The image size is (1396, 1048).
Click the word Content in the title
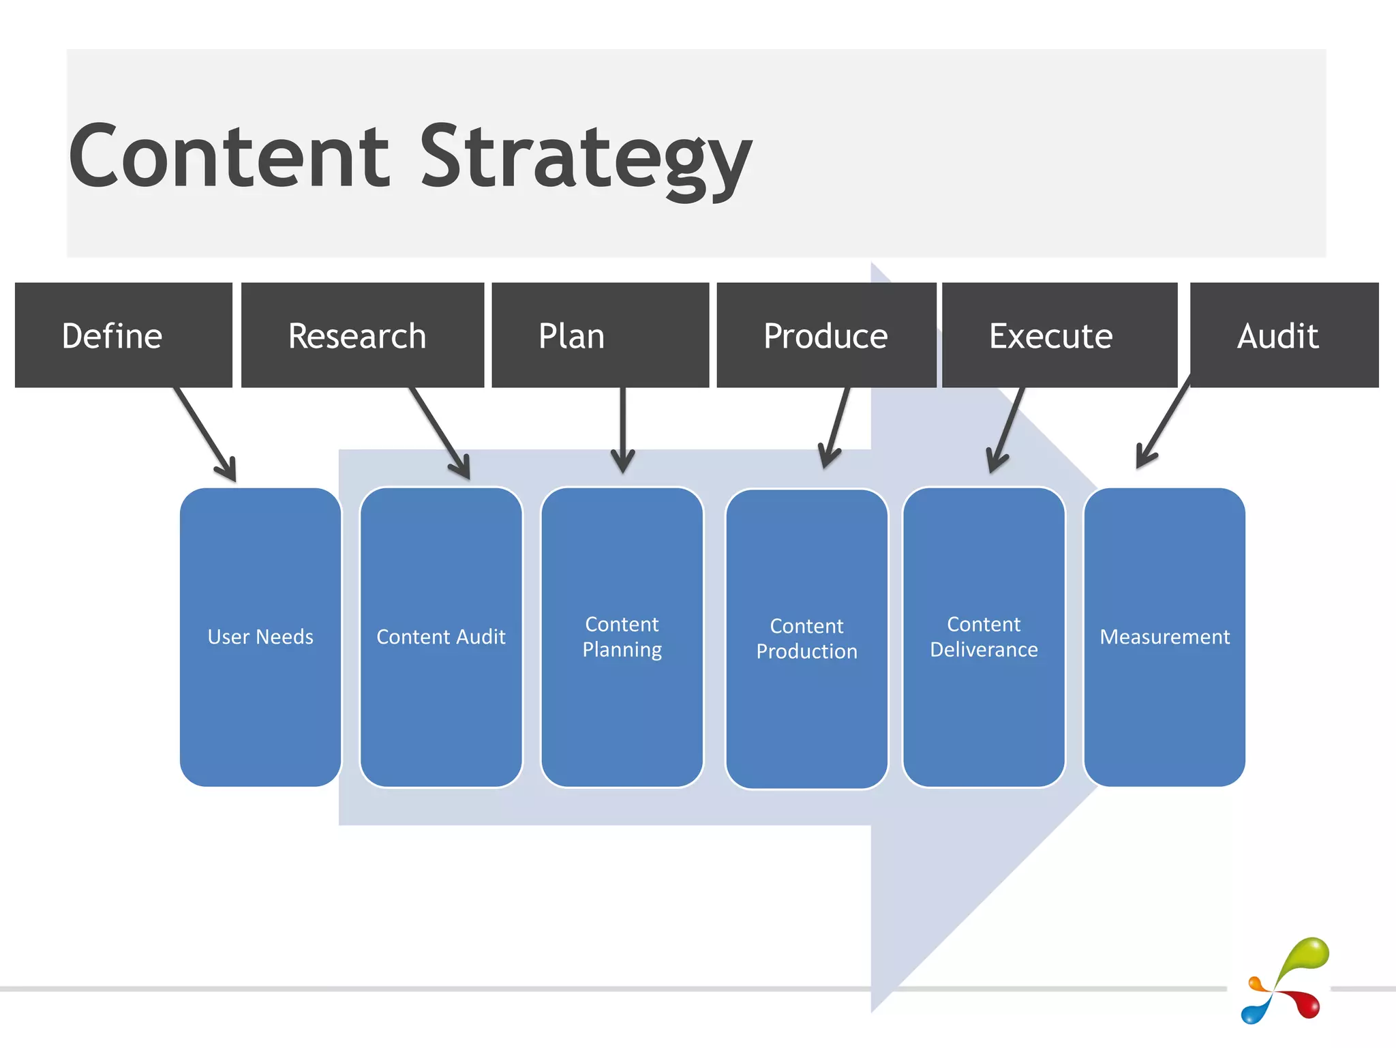(x=229, y=157)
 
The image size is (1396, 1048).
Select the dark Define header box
(x=123, y=335)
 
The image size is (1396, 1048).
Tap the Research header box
(x=362, y=335)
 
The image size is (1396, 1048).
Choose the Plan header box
(x=600, y=335)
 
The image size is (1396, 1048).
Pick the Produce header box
(x=825, y=335)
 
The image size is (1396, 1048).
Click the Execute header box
(x=1059, y=335)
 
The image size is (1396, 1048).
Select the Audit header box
(x=1284, y=335)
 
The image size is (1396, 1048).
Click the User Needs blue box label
(x=260, y=637)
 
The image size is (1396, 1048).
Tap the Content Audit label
(x=441, y=637)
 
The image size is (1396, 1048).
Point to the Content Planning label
(x=622, y=637)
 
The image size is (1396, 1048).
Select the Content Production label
(x=806, y=639)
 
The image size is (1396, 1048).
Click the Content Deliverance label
(x=984, y=637)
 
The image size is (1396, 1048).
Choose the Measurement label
(x=1164, y=637)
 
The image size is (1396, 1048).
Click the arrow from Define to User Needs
(x=205, y=434)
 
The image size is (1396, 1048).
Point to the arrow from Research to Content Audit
(x=440, y=432)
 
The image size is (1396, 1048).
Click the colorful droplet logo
(x=1284, y=982)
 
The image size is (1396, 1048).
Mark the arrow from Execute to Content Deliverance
(x=1007, y=430)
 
